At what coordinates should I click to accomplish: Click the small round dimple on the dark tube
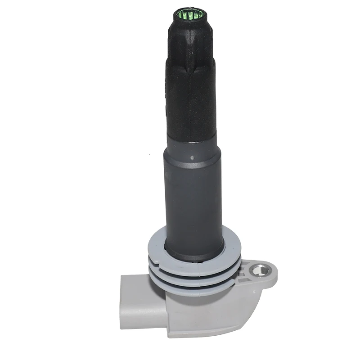click(193, 158)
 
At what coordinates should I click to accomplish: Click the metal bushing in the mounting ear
click(259, 270)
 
